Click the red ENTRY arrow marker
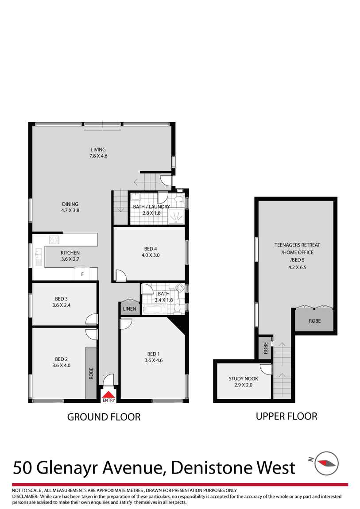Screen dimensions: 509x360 click(x=108, y=394)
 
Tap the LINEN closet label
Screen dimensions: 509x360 click(x=130, y=308)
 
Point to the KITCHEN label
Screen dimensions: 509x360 click(x=70, y=253)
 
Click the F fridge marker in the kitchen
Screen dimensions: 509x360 click(x=82, y=274)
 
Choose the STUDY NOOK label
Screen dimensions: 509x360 click(x=243, y=379)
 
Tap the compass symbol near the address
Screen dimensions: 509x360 click(x=328, y=463)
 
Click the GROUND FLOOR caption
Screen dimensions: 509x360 click(x=104, y=417)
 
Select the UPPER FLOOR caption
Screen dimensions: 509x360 click(x=286, y=416)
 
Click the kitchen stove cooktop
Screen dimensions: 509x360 click(x=54, y=240)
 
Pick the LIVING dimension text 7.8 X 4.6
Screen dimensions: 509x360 click(x=98, y=156)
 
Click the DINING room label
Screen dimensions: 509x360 click(x=70, y=204)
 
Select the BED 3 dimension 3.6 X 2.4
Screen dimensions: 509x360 click(x=62, y=305)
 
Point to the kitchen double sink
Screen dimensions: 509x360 click(x=39, y=257)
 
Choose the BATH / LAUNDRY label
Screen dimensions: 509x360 click(x=151, y=207)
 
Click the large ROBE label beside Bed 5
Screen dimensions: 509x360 click(x=314, y=321)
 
